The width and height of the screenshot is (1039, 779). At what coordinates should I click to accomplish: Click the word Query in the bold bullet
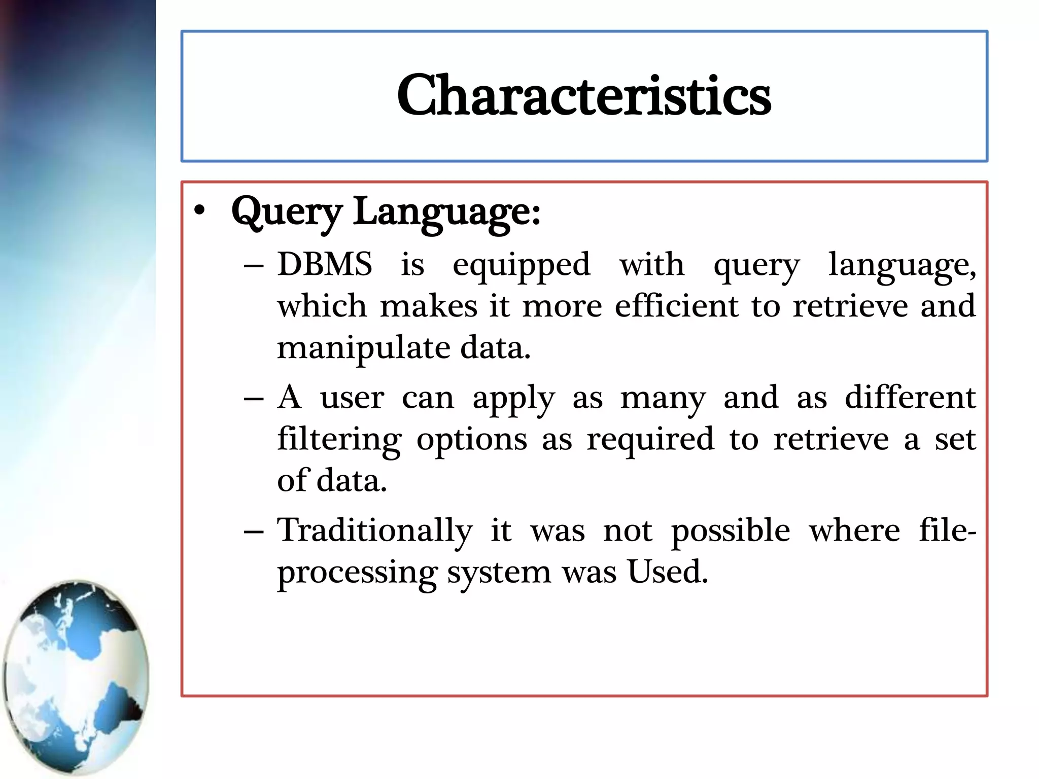(287, 212)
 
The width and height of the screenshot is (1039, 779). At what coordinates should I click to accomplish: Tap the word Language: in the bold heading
(446, 212)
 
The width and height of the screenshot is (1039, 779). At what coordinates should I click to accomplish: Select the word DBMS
(325, 265)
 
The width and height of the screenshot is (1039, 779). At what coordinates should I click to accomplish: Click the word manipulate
(363, 349)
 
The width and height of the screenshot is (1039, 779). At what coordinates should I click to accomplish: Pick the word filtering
(339, 439)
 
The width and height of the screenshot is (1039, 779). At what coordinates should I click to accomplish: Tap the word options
(471, 440)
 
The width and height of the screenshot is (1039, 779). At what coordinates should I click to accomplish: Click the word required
(650, 439)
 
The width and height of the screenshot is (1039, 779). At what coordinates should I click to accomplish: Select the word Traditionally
(374, 532)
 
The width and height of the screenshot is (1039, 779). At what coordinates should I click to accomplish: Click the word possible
(731, 532)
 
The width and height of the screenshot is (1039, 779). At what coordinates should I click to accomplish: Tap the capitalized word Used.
(667, 572)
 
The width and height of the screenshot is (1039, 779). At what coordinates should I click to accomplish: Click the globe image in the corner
(76, 677)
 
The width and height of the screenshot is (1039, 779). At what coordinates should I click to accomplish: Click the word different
(910, 398)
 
